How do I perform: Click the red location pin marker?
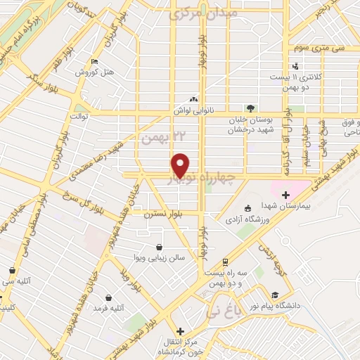point(181,165)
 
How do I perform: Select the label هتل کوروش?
point(90,73)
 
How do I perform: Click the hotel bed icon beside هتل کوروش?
point(95,61)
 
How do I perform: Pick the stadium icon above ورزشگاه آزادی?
point(247,208)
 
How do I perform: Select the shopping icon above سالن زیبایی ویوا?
point(160,247)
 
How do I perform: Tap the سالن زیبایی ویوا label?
point(161,259)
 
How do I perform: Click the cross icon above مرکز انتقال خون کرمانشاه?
point(181,331)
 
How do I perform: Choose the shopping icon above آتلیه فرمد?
point(108,297)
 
